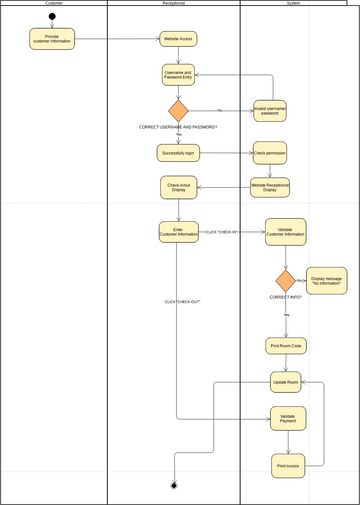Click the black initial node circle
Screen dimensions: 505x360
click(x=52, y=17)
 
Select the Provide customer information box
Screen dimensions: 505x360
click(x=52, y=39)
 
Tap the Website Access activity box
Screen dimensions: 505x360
click(x=178, y=39)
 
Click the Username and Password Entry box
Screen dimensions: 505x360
click(x=178, y=75)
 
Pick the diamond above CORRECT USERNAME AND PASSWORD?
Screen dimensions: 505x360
click(x=178, y=110)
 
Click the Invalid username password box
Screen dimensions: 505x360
click(x=270, y=110)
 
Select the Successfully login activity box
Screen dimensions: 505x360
click(x=178, y=153)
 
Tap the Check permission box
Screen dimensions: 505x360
click(x=270, y=153)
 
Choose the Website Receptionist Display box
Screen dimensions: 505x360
click(x=270, y=187)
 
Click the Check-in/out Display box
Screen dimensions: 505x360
click(x=178, y=187)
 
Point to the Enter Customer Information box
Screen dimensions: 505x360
click(x=178, y=232)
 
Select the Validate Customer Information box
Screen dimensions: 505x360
click(x=285, y=232)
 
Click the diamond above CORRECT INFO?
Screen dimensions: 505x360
click(x=285, y=281)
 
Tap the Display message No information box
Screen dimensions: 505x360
click(x=327, y=281)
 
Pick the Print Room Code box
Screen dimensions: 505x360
click(x=285, y=346)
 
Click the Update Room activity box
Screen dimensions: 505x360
click(x=285, y=382)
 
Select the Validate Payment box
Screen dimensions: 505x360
click(x=287, y=418)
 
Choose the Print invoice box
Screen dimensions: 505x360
click(x=287, y=465)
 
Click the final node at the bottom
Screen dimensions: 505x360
click(x=174, y=485)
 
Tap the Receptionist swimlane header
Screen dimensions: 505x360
click(x=173, y=4)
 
